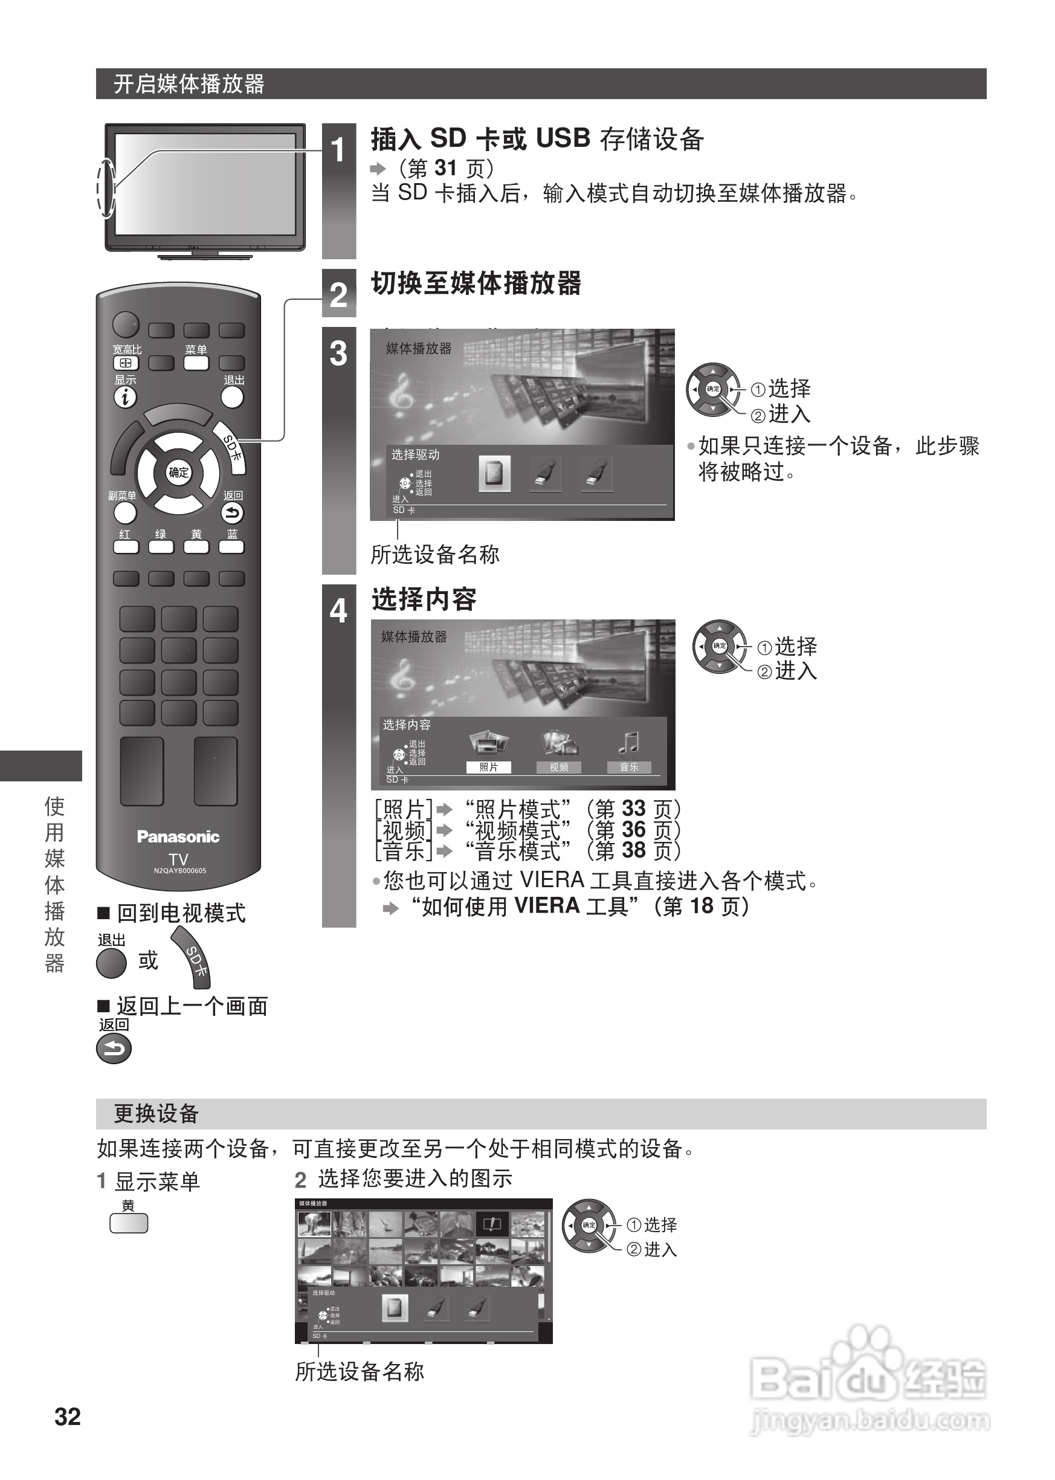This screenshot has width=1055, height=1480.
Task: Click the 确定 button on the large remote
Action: coord(178,473)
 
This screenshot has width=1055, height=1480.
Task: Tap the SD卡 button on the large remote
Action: coord(232,448)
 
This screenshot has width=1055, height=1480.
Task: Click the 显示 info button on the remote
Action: coord(125,397)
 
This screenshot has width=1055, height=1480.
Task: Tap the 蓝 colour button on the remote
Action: coord(231,546)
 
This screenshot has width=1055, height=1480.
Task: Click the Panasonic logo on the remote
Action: coord(178,837)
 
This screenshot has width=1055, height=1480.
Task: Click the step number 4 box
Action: coord(338,612)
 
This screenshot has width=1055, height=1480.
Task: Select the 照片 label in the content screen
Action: coord(488,767)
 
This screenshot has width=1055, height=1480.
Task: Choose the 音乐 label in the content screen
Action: coord(628,767)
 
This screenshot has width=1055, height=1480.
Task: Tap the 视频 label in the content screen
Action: coord(559,767)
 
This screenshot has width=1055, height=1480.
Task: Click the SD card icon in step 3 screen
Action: coord(494,474)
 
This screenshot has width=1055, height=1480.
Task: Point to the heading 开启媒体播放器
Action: coord(189,84)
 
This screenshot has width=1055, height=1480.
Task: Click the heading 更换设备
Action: coord(156,1114)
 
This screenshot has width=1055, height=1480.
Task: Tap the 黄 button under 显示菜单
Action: coord(129,1224)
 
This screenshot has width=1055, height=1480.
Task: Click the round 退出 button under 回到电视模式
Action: coord(111,963)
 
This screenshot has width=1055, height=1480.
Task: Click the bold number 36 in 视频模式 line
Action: coord(633,830)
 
